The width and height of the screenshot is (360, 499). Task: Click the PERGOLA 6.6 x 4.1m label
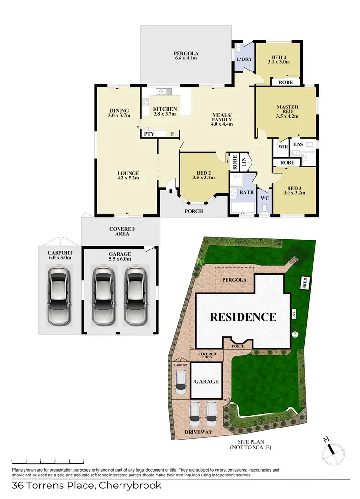186,55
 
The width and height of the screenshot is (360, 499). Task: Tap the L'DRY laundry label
241,59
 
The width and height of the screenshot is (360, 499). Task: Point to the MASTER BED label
288,111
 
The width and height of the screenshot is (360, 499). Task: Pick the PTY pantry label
149,134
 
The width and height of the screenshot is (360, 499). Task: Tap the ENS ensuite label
298,143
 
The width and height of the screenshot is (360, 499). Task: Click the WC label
264,198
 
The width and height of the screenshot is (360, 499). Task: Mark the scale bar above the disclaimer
48,461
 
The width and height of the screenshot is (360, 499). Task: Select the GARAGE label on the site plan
206,382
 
